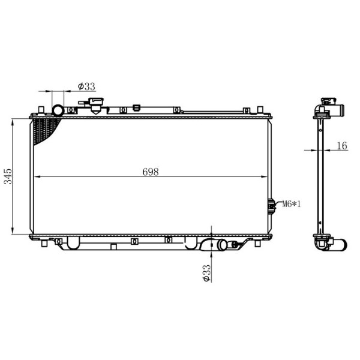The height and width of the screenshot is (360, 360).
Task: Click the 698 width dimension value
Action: (x=150, y=172)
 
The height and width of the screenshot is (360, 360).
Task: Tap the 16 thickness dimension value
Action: (x=342, y=145)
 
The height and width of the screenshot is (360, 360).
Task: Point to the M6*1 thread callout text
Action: (x=291, y=205)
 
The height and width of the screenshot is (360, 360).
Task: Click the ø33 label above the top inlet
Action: (x=87, y=86)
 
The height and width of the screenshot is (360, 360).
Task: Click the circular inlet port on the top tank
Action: (x=58, y=110)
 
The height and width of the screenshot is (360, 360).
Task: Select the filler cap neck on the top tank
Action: (x=96, y=108)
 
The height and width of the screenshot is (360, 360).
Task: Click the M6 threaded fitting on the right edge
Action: (x=271, y=205)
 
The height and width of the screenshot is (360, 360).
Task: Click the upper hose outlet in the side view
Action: (x=340, y=111)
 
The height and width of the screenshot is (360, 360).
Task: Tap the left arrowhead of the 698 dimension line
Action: (x=35, y=177)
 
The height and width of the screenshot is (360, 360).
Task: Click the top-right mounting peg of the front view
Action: (x=260, y=110)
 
